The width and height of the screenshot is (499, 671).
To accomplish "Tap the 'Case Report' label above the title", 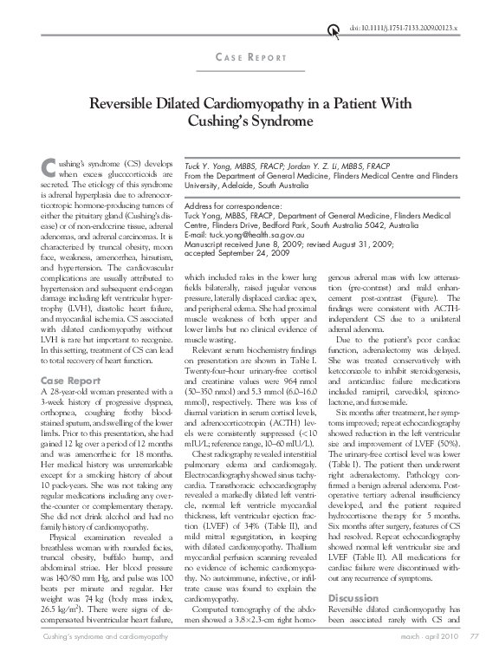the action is (249, 57).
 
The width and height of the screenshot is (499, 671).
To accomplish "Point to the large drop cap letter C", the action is (49, 171).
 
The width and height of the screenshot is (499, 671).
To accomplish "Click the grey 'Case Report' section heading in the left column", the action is (67, 381).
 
